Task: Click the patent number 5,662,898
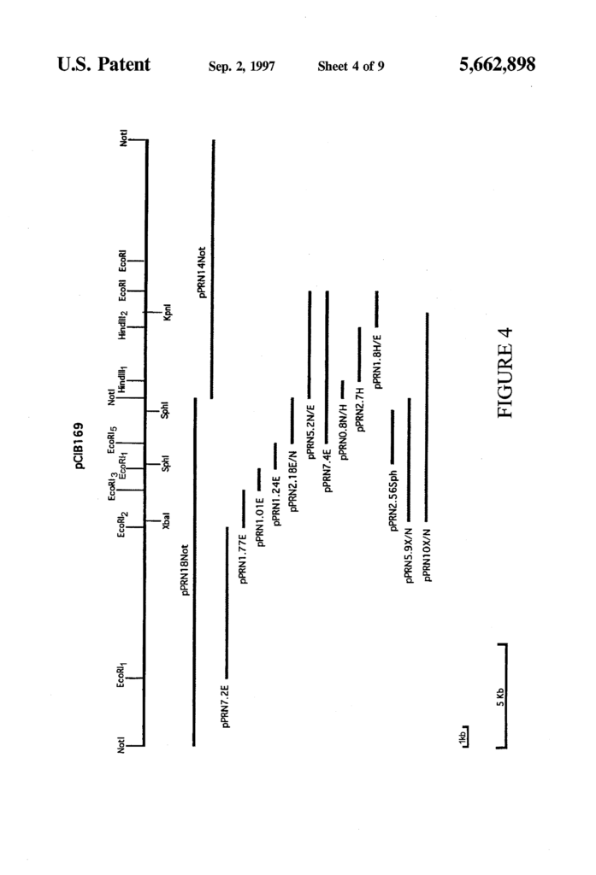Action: (x=497, y=65)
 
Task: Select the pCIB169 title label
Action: (x=80, y=445)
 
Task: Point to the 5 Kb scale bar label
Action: (x=500, y=697)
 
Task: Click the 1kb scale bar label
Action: (x=462, y=736)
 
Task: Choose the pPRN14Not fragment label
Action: (x=202, y=273)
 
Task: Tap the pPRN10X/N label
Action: (x=428, y=555)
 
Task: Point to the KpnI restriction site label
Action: (x=167, y=312)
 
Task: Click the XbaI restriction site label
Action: (x=166, y=520)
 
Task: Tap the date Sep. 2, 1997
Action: (x=242, y=67)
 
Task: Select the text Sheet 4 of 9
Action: (x=351, y=67)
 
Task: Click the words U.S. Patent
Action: (x=104, y=64)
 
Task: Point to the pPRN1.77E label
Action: (x=243, y=559)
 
